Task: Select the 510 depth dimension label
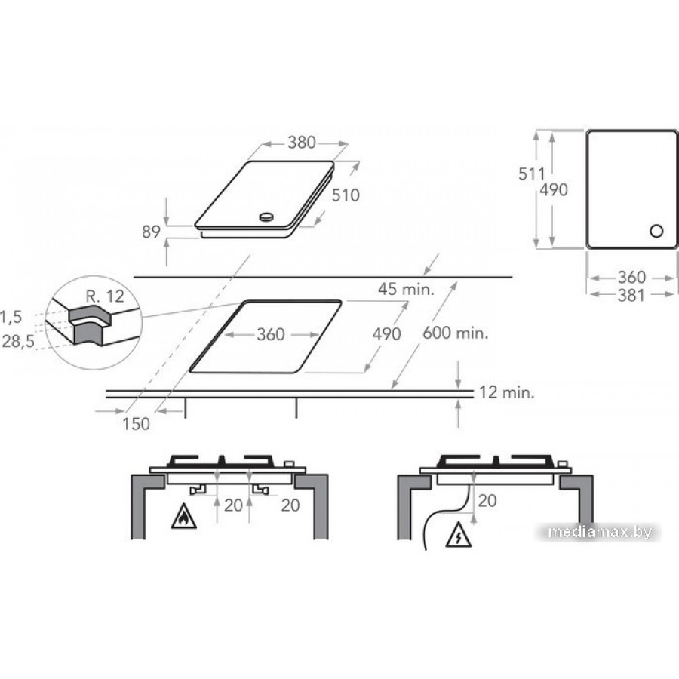click(x=346, y=195)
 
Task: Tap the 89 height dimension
click(x=152, y=232)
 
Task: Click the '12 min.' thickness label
click(x=506, y=392)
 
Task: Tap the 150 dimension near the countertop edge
click(x=137, y=424)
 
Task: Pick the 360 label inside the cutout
click(x=271, y=334)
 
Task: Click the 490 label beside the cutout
click(x=386, y=334)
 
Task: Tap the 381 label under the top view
click(x=631, y=296)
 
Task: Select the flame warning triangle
click(x=182, y=518)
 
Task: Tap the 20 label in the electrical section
click(x=487, y=499)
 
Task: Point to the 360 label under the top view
click(x=631, y=277)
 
